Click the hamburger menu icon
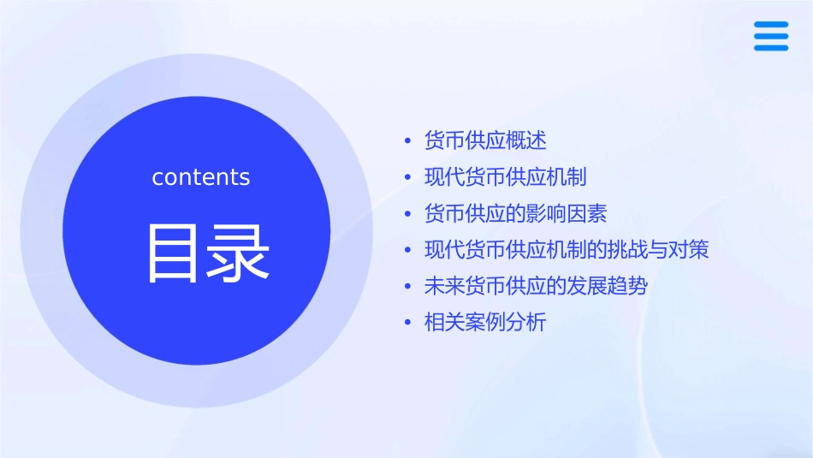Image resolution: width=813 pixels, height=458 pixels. point(770,36)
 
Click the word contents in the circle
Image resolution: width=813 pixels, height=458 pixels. point(201,177)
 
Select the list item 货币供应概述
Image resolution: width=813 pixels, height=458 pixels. point(485,140)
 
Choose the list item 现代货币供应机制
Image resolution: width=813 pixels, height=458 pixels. point(505,177)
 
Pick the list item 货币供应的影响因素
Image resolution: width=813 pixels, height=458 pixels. point(515,213)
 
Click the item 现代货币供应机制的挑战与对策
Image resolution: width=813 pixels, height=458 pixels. point(567,250)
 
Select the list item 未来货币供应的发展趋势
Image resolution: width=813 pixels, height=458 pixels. point(536,286)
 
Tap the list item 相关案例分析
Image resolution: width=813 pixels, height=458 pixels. point(485,323)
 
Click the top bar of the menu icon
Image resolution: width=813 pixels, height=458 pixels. point(770,24)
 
